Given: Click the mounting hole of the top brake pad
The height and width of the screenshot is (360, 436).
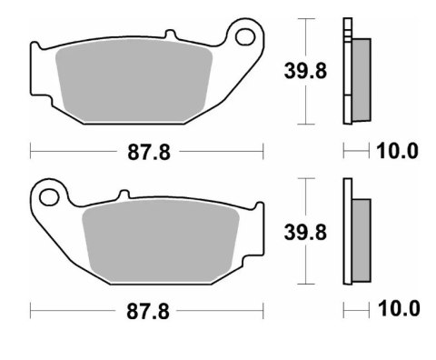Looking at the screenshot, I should coord(243,36).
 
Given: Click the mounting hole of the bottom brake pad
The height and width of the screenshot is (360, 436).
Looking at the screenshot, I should coord(50,194).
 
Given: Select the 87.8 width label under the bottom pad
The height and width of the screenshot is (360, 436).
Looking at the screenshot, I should coord(146,310).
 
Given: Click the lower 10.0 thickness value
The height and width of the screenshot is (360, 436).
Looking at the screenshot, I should coord(397,310).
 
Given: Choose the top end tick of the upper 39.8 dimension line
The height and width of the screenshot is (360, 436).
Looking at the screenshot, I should coord(311,19).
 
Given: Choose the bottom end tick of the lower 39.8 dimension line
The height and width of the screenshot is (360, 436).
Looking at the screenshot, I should coord(311,283).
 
